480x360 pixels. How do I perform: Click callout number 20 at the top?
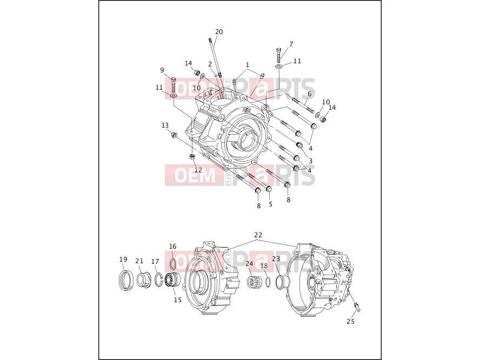tap(219, 32)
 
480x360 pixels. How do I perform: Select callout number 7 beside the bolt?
tap(291, 44)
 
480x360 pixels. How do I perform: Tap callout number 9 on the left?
tap(162, 70)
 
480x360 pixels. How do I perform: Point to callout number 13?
tap(165, 125)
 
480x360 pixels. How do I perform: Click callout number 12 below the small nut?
tap(198, 170)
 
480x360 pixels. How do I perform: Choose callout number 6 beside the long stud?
tap(310, 94)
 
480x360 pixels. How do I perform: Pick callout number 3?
tap(310, 161)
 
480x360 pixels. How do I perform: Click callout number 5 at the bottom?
tap(271, 204)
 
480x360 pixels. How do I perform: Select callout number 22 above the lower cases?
tap(258, 235)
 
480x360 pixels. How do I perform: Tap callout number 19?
tap(123, 259)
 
